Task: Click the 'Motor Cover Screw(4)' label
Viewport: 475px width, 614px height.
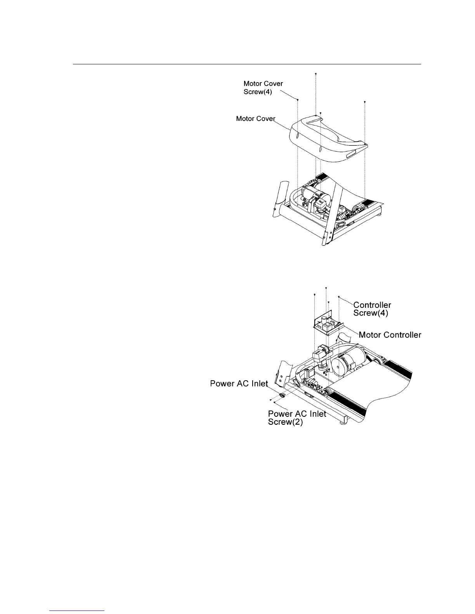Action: (263, 88)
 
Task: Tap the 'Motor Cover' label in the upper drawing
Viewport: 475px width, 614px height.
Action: (255, 119)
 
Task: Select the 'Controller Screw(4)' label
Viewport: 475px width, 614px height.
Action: (372, 309)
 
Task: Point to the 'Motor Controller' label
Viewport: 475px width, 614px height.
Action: (390, 335)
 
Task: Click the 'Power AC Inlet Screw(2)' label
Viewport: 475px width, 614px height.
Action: (297, 418)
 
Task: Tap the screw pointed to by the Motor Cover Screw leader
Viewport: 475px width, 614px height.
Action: (298, 100)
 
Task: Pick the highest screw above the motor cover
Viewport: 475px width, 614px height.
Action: (316, 73)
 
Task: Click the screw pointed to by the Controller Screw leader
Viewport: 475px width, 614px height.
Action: (339, 297)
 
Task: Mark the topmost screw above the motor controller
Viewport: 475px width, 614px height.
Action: (326, 288)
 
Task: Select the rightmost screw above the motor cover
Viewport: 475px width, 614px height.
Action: (365, 102)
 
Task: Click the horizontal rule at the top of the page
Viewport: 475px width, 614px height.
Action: (247, 64)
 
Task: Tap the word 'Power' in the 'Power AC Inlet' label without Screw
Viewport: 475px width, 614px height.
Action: (222, 384)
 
